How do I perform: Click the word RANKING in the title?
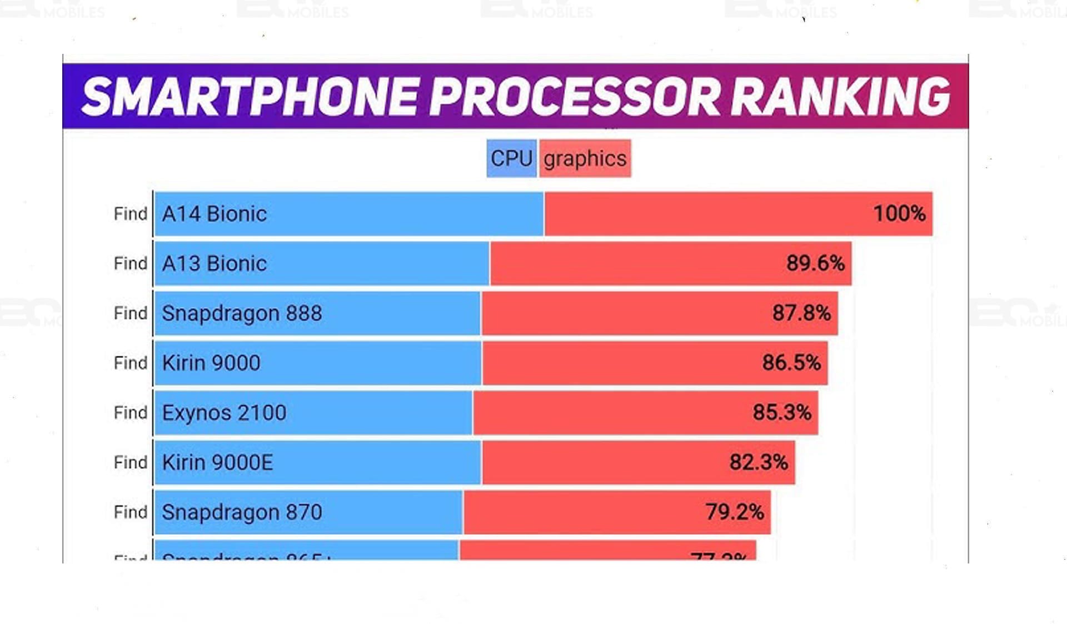[840, 97]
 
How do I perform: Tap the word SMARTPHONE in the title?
[250, 97]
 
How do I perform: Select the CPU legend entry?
[511, 159]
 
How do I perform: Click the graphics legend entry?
[585, 159]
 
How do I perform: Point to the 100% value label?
[899, 214]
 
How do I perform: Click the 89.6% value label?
[815, 263]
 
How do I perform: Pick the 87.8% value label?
[801, 313]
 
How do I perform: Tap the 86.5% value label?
[791, 363]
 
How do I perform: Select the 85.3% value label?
[782, 412]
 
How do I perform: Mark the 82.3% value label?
[759, 462]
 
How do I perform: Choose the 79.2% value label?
[735, 512]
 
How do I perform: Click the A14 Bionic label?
[215, 214]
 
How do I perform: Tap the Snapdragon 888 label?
[242, 314]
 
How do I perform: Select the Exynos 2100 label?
[224, 413]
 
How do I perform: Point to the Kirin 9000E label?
[217, 462]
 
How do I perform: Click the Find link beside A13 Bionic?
[131, 264]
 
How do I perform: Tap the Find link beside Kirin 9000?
[131, 363]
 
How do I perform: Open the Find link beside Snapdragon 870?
[131, 512]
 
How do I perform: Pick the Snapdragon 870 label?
[242, 512]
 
